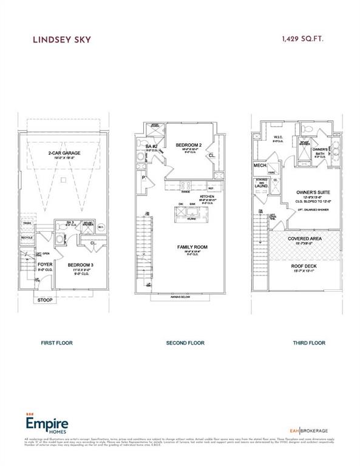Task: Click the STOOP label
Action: pos(46,300)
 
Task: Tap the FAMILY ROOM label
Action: pos(193,246)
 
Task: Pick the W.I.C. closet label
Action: pos(279,137)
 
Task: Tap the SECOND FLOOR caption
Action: pos(185,343)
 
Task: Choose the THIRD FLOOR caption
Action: pos(309,343)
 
